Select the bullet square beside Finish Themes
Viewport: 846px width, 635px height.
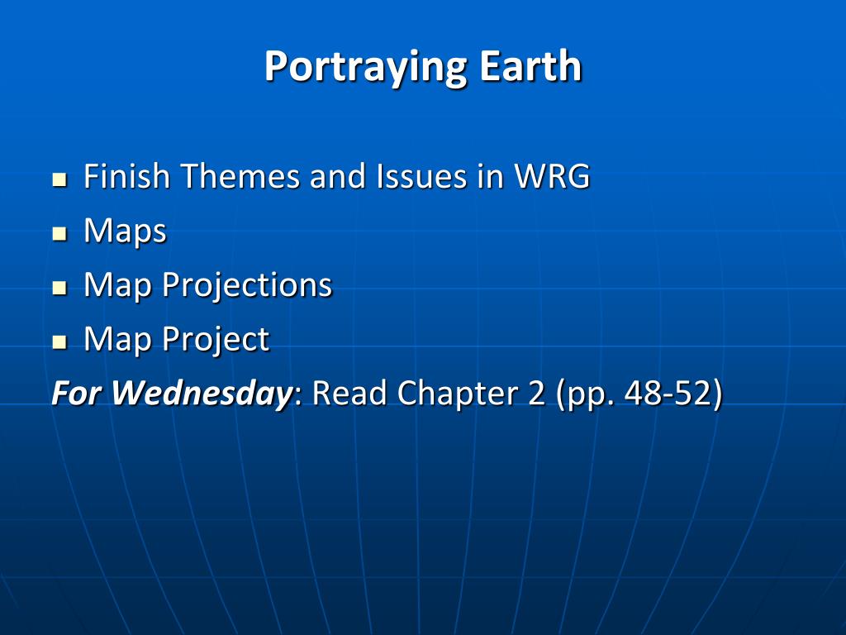[59, 179]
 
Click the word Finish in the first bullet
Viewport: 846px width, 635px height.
[126, 176]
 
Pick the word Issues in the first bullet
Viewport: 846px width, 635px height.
[421, 176]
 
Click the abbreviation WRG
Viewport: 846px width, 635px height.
[552, 176]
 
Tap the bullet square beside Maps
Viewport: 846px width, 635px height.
[59, 233]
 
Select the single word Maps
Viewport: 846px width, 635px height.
[126, 232]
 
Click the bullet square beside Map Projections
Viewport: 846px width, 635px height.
[59, 287]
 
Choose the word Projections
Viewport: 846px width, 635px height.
[247, 286]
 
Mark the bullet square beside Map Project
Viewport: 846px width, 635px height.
[59, 341]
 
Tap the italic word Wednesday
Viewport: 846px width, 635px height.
[202, 393]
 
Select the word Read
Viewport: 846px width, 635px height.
[349, 393]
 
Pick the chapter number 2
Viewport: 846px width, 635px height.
[537, 393]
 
